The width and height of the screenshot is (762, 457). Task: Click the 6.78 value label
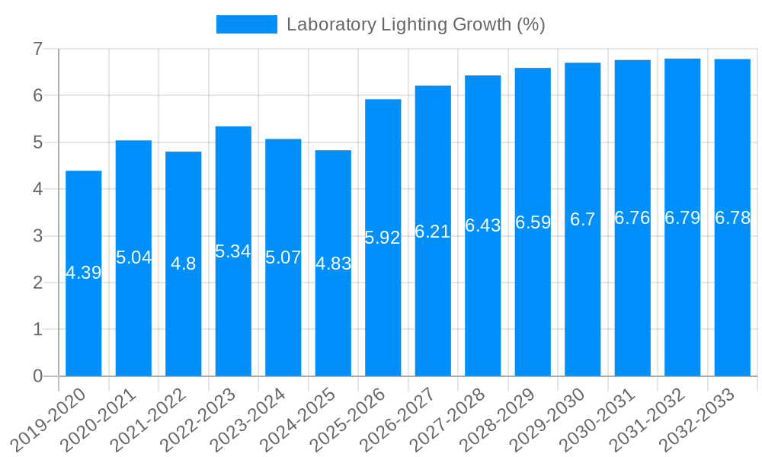pyautogui.click(x=732, y=218)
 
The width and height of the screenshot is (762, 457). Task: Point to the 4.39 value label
pyautogui.click(x=84, y=273)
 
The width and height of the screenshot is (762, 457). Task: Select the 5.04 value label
pyautogui.click(x=133, y=257)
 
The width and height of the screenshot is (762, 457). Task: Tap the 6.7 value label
pyautogui.click(x=583, y=220)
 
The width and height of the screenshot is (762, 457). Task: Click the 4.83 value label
pyautogui.click(x=333, y=264)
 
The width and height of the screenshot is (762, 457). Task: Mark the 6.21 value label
pyautogui.click(x=433, y=232)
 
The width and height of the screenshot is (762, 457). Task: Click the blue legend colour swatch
pyautogui.click(x=246, y=24)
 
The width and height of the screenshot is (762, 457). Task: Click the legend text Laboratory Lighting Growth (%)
pyautogui.click(x=415, y=24)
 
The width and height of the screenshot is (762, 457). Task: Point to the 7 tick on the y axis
pyautogui.click(x=37, y=49)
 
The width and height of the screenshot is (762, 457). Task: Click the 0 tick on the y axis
pyautogui.click(x=37, y=376)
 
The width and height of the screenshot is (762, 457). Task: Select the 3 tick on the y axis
pyautogui.click(x=37, y=236)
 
